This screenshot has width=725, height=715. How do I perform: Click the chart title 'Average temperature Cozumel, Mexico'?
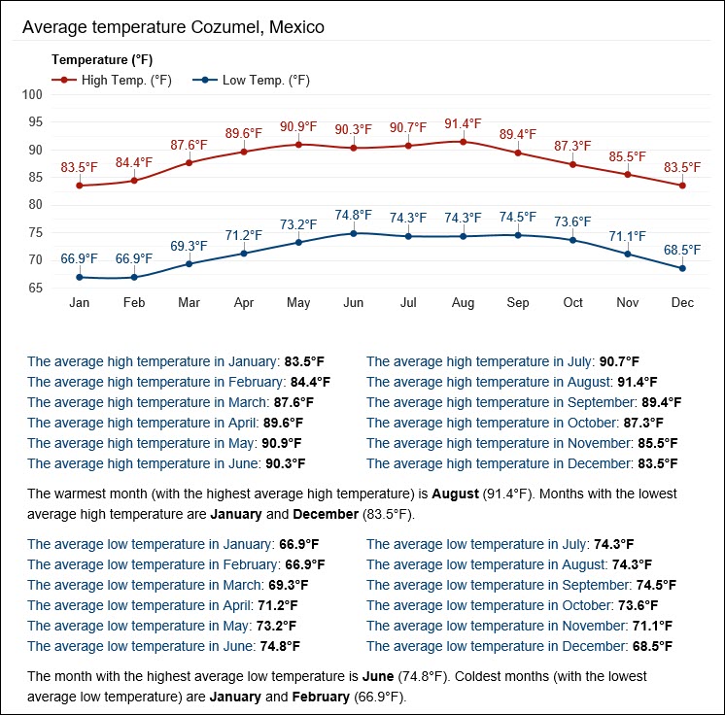click(x=173, y=27)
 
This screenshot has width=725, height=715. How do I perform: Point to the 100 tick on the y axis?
click(x=33, y=95)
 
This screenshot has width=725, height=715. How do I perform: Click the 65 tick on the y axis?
click(x=37, y=289)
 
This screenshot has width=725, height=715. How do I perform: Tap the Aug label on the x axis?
click(x=463, y=303)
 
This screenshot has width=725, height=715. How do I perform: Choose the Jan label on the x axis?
click(x=80, y=303)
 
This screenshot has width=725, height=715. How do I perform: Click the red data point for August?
click(x=463, y=142)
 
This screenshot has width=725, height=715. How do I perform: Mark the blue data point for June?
click(x=354, y=233)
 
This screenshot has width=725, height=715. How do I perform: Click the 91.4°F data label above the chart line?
click(x=463, y=123)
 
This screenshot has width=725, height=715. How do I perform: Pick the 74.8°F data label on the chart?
click(x=354, y=215)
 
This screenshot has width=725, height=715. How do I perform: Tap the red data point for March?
click(x=189, y=162)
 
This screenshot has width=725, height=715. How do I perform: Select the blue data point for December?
click(x=682, y=268)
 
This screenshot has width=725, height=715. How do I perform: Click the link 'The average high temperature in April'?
click(x=142, y=423)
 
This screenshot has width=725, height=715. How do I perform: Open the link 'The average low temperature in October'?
click(x=492, y=605)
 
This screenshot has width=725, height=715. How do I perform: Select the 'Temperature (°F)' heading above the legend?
click(x=101, y=60)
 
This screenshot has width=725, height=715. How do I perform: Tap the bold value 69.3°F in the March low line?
click(x=288, y=585)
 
